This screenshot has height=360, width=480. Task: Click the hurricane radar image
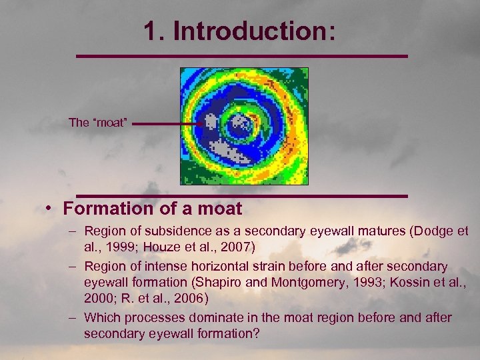pyautogui.click(x=244, y=126)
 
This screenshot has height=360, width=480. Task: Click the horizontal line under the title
pyautogui.click(x=241, y=56)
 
